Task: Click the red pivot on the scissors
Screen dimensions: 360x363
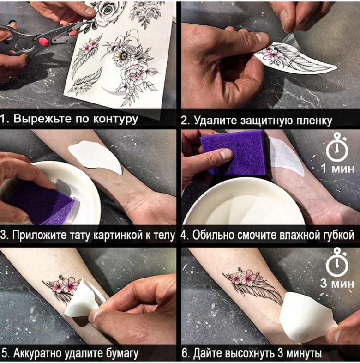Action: [x=43, y=41]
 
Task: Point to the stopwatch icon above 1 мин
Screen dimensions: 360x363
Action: [x=337, y=147]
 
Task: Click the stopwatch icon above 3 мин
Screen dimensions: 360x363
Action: [x=337, y=262]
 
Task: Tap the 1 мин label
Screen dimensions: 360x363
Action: [x=338, y=169]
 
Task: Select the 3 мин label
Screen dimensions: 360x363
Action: [x=337, y=284]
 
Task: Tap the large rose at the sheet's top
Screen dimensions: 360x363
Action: [x=107, y=13]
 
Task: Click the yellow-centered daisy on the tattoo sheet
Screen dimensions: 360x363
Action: [x=123, y=55]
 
